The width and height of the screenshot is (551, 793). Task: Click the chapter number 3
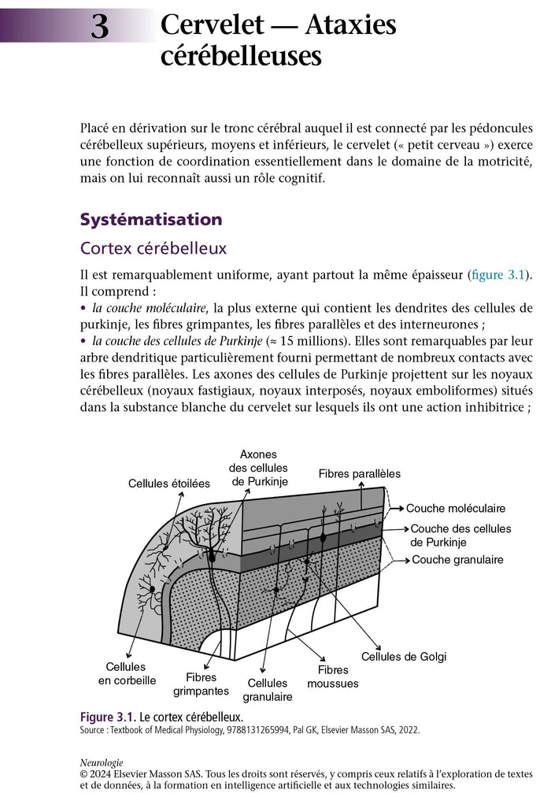click(x=99, y=27)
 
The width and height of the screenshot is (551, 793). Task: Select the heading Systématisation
click(x=151, y=219)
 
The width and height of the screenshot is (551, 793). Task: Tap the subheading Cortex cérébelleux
click(x=153, y=248)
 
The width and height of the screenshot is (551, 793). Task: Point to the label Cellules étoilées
click(x=169, y=484)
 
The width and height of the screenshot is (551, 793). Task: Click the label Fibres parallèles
click(x=359, y=473)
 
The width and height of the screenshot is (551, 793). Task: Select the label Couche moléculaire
click(x=467, y=509)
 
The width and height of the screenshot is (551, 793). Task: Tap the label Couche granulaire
click(x=457, y=560)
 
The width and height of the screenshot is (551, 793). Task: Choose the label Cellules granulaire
click(x=268, y=690)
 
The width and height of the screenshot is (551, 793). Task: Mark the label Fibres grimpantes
click(x=201, y=684)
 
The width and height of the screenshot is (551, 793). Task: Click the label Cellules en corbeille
click(x=127, y=673)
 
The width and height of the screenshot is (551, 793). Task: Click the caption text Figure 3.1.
click(x=108, y=717)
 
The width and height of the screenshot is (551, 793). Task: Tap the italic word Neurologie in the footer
click(x=102, y=763)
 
